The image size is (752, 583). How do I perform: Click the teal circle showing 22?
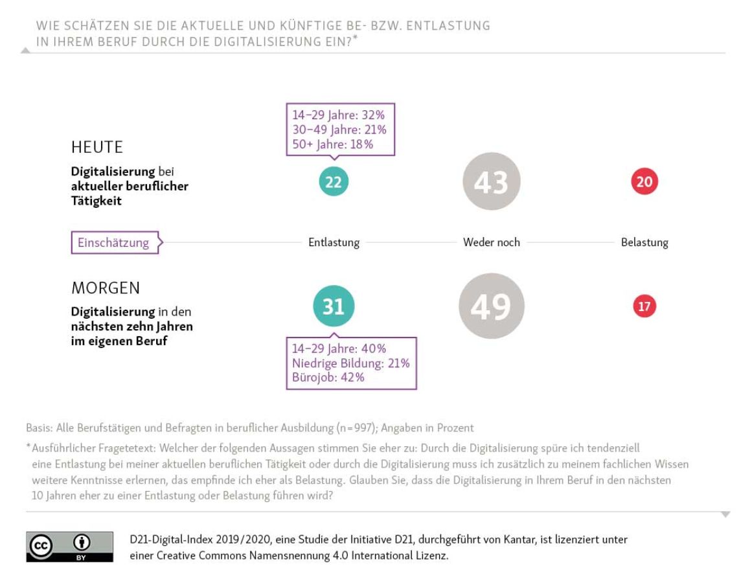pos(334,183)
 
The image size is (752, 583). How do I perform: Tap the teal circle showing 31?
pos(334,306)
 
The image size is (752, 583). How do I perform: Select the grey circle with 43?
pos(491,182)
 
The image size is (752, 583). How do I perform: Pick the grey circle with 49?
pos(491,306)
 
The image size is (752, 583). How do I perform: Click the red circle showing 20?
pos(644,182)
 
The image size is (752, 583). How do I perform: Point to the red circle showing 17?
pos(644,306)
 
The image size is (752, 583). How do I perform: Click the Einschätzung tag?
pos(115,243)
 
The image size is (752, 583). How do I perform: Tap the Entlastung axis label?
pos(334,243)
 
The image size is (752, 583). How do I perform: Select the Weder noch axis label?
pos(491,243)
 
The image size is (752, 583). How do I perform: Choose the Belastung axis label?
pos(644,243)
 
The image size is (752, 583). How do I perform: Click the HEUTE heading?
pos(97,147)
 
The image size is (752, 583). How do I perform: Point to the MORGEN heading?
pos(106,288)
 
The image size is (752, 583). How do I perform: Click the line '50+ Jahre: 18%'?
pos(332,144)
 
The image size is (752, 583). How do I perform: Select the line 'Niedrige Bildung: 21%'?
pos(350,363)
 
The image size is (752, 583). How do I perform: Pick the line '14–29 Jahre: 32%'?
pos(339,115)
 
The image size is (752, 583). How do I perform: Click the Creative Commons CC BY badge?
pos(69,547)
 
